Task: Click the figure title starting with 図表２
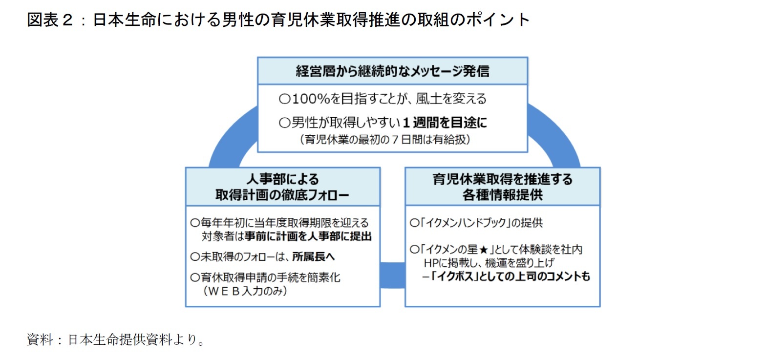278,20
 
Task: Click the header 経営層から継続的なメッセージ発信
392,71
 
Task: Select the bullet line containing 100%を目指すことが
383,99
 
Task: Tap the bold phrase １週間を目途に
445,123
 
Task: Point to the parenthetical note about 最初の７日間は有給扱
385,140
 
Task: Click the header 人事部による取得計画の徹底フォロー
282,187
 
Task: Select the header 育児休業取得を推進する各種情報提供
502,187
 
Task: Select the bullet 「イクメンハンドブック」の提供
476,223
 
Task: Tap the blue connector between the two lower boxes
392,275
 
